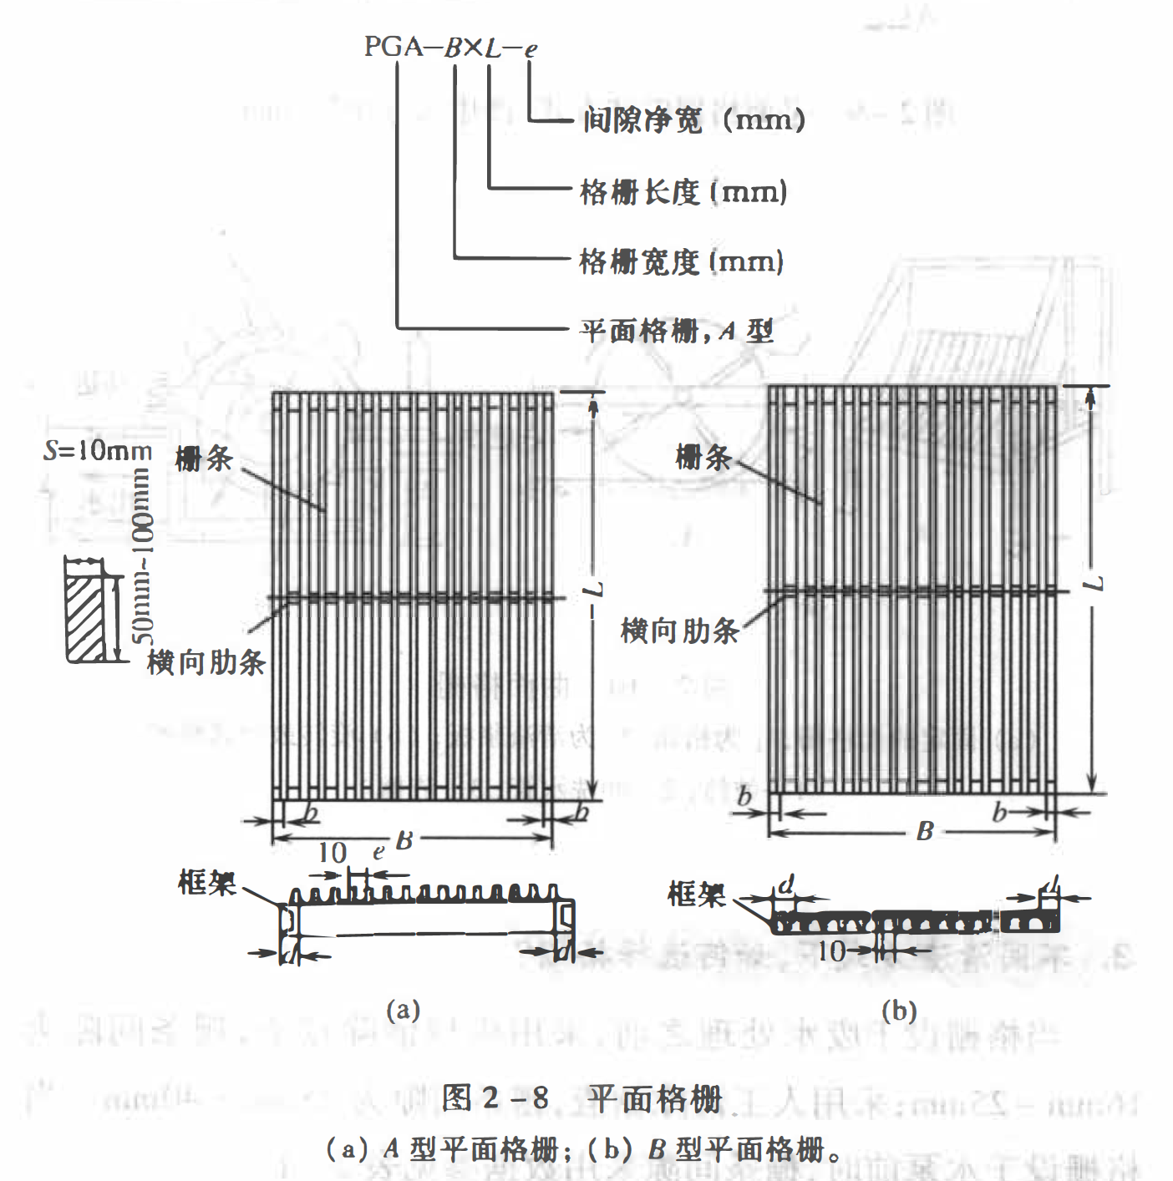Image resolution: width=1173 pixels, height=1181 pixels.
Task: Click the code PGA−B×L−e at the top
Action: [450, 47]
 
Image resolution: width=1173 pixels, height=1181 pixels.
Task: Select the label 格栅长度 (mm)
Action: [683, 192]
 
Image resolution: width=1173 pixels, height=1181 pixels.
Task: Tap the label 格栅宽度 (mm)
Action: [681, 262]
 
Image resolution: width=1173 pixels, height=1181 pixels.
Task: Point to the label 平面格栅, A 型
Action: [677, 332]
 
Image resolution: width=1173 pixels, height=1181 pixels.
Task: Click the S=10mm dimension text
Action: [98, 452]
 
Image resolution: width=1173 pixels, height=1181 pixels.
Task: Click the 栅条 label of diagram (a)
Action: [203, 459]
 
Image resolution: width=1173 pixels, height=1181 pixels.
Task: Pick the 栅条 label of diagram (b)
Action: [703, 458]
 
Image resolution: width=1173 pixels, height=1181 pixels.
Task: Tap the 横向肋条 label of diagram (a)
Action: [206, 663]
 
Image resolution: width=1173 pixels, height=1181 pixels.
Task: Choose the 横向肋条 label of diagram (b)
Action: [679, 631]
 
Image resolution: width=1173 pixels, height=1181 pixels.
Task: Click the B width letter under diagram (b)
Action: [924, 831]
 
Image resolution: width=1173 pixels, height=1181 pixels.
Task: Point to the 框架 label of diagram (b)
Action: [696, 895]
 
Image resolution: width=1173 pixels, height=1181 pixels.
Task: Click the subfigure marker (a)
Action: [403, 1010]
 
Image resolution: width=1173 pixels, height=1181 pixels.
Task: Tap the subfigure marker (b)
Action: [899, 1011]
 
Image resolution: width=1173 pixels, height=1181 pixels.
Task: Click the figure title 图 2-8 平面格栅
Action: [581, 1098]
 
